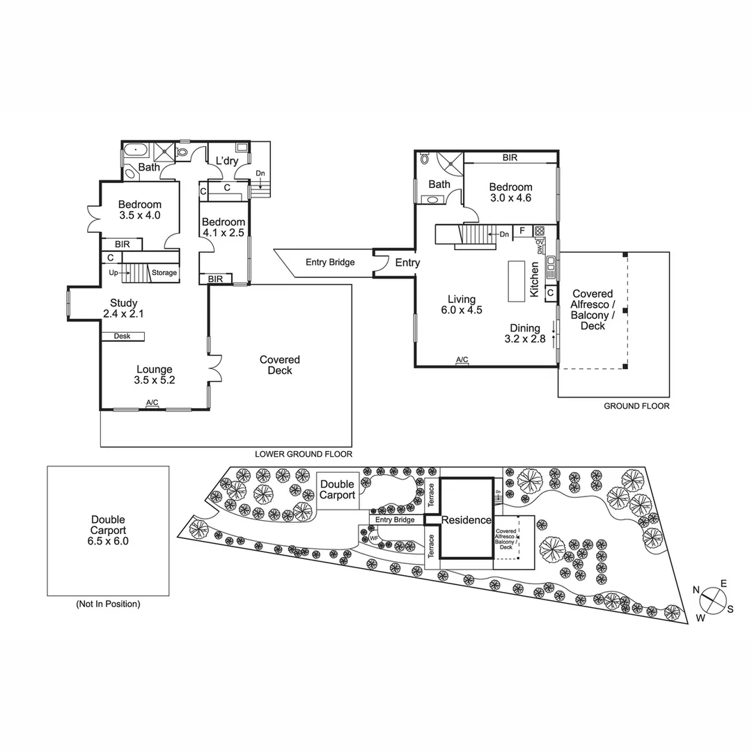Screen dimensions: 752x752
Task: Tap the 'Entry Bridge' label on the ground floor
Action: [x=330, y=263]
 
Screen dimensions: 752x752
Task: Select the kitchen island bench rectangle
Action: [x=516, y=281]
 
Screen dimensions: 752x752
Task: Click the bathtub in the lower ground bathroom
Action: [x=135, y=150]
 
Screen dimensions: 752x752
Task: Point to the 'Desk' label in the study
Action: [x=122, y=336]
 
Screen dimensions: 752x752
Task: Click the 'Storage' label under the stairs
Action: [x=164, y=273]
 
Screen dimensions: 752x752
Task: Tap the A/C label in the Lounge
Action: [x=152, y=402]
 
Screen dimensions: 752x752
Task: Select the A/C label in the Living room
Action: [x=462, y=360]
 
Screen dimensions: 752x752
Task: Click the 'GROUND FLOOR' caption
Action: [x=636, y=406]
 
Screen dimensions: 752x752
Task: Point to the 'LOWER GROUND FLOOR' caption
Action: [x=303, y=454]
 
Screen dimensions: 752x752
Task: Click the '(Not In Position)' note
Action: [x=108, y=604]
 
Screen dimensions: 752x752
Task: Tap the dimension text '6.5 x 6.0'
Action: [x=108, y=540]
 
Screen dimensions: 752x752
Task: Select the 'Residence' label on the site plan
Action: [x=467, y=520]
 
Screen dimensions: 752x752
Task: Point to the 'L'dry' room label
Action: [x=227, y=161]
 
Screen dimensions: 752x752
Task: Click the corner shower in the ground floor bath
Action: [x=450, y=163]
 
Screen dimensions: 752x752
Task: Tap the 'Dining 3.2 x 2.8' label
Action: [x=525, y=334]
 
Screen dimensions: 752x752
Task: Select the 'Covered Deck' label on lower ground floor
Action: [x=280, y=365]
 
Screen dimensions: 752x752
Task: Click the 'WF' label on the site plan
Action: [x=374, y=538]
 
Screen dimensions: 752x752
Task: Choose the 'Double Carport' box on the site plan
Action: [x=337, y=489]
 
